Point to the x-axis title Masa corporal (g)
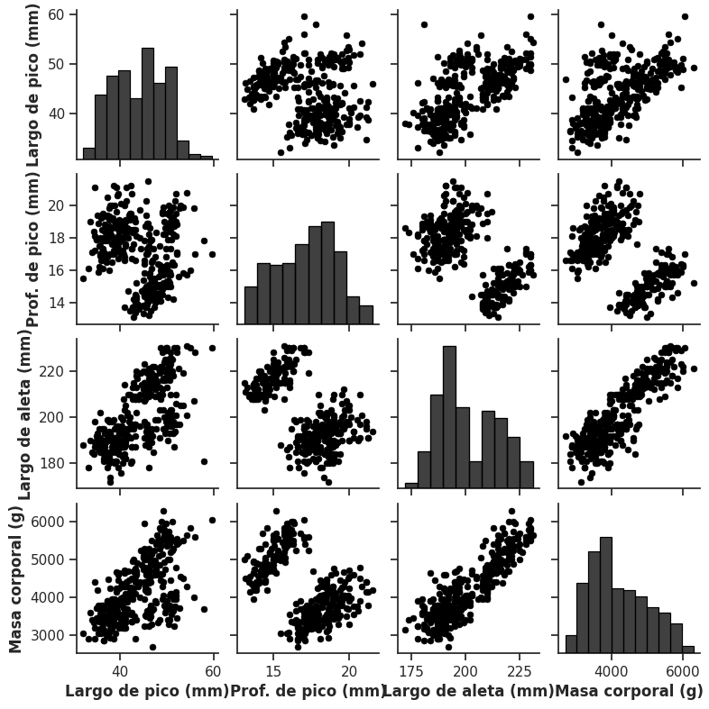coord(629,691)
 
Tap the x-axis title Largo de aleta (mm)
coord(468,691)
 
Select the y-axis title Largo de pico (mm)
coord(33,86)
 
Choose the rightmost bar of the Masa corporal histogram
coord(688,649)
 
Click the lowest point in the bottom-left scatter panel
coord(152,647)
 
